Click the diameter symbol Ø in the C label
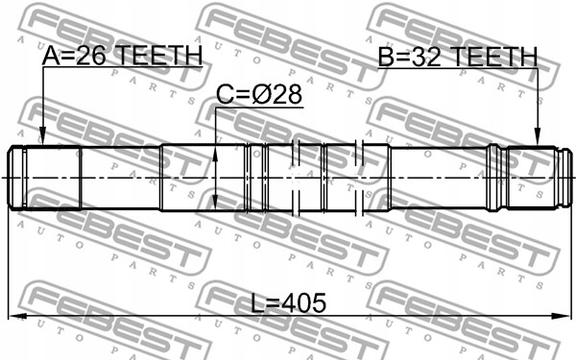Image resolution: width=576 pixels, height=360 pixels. [x=261, y=96]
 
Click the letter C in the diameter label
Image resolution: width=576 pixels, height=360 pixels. [x=225, y=96]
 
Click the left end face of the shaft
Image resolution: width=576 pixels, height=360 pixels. [x=11, y=178]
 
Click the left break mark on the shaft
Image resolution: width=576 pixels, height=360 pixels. [x=299, y=178]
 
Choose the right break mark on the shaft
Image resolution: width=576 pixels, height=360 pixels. [x=359, y=178]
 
